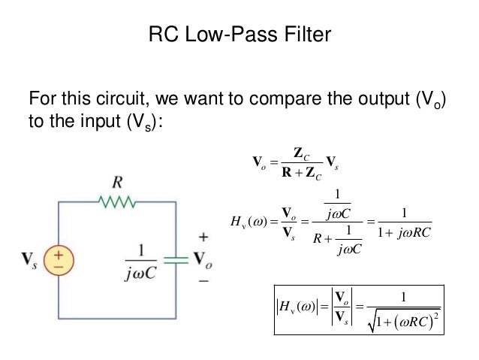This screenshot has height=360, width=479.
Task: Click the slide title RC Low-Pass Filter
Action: point(239,35)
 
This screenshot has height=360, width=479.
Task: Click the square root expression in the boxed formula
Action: point(404,322)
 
